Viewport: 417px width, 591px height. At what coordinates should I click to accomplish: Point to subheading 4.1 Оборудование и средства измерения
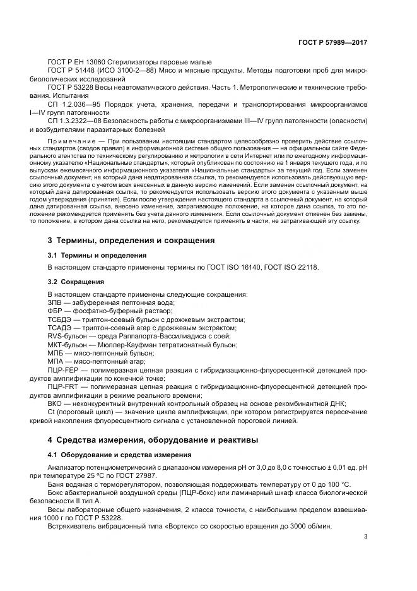tap(115, 455)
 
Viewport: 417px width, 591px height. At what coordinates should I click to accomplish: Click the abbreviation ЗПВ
tap(55, 303)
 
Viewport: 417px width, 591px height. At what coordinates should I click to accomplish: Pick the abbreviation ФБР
tap(55, 312)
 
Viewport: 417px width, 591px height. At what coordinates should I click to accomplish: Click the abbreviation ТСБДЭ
tap(59, 320)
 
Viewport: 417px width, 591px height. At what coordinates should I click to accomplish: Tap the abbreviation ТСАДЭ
tap(59, 328)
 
